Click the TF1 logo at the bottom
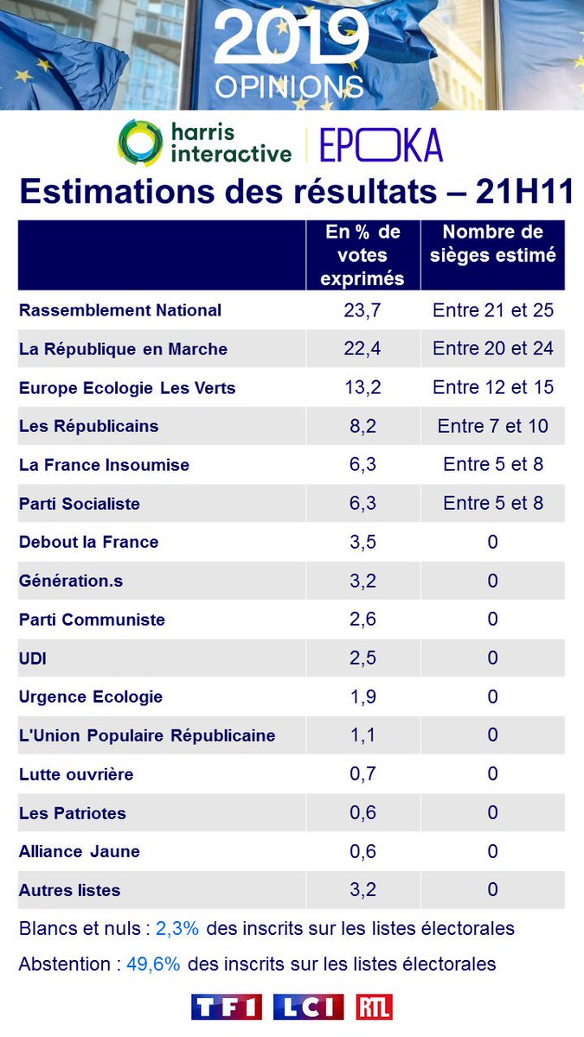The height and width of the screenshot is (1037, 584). pyautogui.click(x=227, y=1008)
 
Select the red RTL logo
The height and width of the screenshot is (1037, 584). pyautogui.click(x=374, y=1008)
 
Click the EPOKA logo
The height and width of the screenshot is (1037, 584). pyautogui.click(x=381, y=144)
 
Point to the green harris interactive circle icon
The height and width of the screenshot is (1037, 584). pyautogui.click(x=141, y=143)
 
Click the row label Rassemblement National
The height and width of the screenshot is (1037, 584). pyautogui.click(x=120, y=310)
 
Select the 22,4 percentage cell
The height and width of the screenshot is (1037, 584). pyautogui.click(x=363, y=349)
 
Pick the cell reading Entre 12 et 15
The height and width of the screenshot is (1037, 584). pyautogui.click(x=493, y=387)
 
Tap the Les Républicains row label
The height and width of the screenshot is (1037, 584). pyautogui.click(x=88, y=426)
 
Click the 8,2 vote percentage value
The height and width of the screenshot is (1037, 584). pyautogui.click(x=363, y=426)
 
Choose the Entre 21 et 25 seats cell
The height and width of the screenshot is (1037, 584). pyautogui.click(x=493, y=310)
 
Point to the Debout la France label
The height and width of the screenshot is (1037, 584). pyautogui.click(x=88, y=542)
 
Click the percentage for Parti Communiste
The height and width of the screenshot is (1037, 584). pyautogui.click(x=363, y=620)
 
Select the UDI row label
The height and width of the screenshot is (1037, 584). pyautogui.click(x=33, y=658)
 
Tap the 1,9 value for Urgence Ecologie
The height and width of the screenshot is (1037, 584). pyautogui.click(x=363, y=697)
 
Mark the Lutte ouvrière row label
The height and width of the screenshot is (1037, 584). pyautogui.click(x=76, y=774)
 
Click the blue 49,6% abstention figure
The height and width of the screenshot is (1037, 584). pyautogui.click(x=153, y=964)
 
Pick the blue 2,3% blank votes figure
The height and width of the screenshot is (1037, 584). pyautogui.click(x=177, y=929)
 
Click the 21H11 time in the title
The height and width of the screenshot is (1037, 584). pyautogui.click(x=524, y=192)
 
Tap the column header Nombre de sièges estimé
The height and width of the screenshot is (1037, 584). pyautogui.click(x=493, y=245)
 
